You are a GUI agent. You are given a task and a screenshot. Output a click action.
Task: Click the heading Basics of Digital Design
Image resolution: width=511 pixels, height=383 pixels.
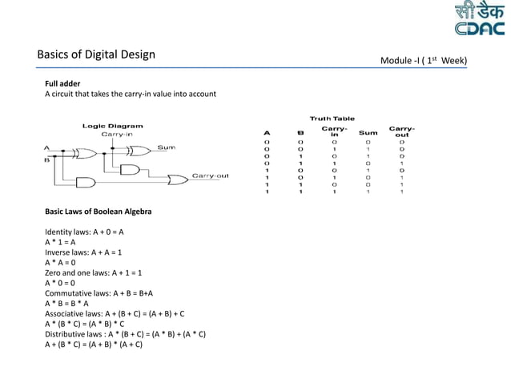pos(96,55)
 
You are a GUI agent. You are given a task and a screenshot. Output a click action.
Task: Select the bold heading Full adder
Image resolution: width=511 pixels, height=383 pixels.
pos(62,83)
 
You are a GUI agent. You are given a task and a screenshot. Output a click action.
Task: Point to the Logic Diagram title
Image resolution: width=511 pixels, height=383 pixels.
pos(113,126)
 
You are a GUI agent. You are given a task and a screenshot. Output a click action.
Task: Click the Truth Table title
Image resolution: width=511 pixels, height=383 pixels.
pos(332,119)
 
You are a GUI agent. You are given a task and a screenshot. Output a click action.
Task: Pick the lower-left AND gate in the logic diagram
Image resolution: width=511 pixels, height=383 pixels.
pos(83,182)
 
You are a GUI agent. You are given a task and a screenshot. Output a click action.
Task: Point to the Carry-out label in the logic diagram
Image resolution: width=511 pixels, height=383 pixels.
pos(210,175)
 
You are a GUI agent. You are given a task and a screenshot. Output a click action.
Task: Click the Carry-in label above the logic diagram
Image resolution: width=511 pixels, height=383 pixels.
pos(116,135)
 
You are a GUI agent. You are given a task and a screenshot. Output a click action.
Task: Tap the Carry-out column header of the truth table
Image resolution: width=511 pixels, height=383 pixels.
pos(401,131)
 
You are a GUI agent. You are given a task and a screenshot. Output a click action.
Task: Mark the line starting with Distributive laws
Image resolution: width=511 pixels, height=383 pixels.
pos(125,334)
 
